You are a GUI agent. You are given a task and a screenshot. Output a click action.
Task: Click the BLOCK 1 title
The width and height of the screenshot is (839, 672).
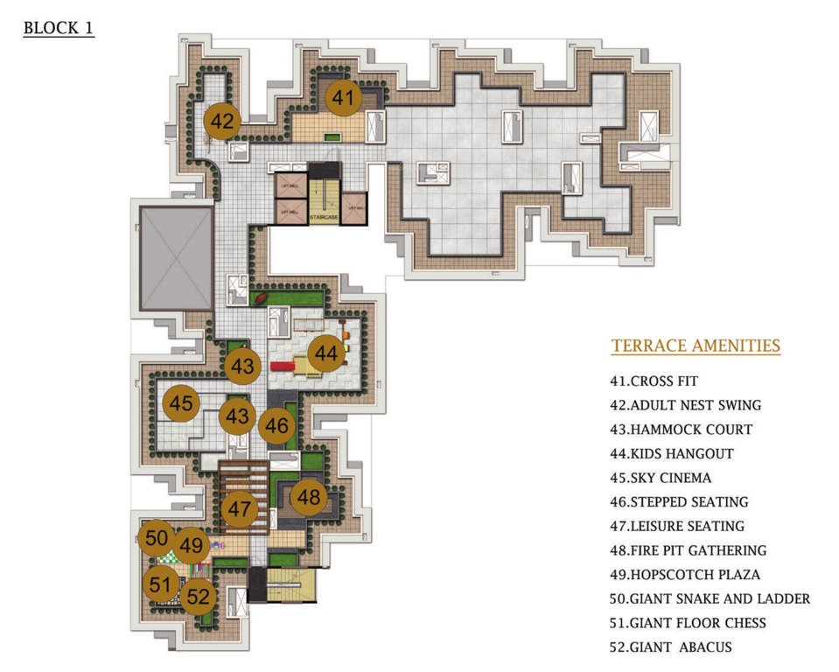59,27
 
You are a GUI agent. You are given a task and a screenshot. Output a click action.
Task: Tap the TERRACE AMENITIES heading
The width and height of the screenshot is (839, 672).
696,346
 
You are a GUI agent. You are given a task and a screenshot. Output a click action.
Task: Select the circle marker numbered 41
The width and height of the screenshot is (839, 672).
344,99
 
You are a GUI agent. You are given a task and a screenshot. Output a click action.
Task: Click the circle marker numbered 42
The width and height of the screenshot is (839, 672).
222,122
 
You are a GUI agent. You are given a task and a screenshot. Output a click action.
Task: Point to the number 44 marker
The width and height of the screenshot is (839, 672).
326,353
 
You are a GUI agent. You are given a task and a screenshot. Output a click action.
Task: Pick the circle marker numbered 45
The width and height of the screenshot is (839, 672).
181,404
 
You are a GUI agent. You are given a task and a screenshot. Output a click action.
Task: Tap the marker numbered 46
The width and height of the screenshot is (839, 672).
276,426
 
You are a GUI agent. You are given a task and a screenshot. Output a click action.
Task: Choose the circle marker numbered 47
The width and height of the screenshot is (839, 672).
238,507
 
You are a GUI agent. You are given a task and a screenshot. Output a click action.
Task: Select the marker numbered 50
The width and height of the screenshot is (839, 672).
157,537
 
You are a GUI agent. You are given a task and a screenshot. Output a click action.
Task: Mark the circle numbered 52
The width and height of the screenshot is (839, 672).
199,598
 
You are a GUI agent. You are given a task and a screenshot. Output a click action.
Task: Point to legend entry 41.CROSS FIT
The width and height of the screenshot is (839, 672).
654,381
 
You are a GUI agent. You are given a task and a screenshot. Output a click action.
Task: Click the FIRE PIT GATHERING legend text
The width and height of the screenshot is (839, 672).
689,550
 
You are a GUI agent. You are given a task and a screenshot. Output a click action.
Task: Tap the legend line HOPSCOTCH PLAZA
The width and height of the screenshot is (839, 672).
685,575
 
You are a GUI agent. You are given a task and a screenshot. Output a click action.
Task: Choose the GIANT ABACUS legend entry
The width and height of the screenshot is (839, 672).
671,647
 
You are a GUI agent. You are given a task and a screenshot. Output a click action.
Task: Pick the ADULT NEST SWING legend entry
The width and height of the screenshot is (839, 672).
686,405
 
